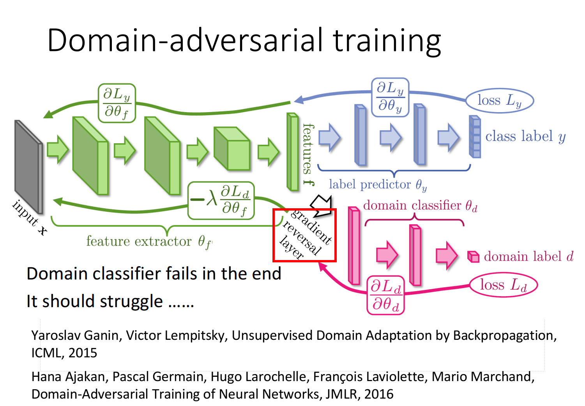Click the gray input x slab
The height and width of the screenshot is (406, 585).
(x=28, y=167)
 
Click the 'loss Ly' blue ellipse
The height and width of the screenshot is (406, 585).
(x=500, y=100)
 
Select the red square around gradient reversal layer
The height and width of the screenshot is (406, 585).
(x=304, y=235)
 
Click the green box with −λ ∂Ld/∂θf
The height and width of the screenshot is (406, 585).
(x=221, y=200)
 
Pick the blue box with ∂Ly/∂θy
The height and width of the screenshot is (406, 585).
(x=390, y=97)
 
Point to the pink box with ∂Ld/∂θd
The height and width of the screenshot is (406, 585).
(x=385, y=295)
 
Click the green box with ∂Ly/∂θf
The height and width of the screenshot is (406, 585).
(x=117, y=103)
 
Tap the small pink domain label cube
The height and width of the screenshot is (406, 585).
(x=473, y=257)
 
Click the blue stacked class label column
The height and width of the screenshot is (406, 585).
(x=475, y=137)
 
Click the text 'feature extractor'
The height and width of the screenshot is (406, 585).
(x=139, y=241)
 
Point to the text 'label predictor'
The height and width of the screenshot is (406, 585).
(x=369, y=185)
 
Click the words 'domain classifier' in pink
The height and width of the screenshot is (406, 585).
(x=412, y=205)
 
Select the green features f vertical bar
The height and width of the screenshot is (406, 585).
(x=292, y=152)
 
